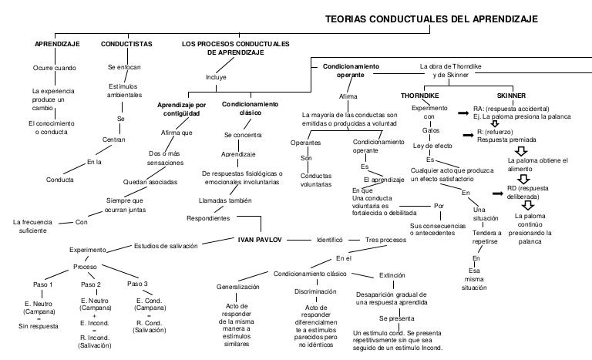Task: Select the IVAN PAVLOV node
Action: (261, 240)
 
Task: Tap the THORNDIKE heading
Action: (419, 95)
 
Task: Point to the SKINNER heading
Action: (512, 95)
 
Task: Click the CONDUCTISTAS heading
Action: (126, 44)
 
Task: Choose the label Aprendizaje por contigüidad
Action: (181, 109)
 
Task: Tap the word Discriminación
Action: (316, 292)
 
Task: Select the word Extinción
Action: (392, 274)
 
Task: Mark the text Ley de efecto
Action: (432, 146)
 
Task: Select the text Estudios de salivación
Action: (166, 246)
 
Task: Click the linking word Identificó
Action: (329, 240)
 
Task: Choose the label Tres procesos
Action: (385, 240)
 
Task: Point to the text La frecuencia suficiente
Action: (32, 226)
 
